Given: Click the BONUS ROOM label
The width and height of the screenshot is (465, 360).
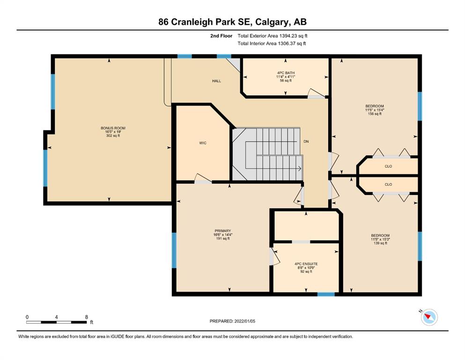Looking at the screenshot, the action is tap(113, 128).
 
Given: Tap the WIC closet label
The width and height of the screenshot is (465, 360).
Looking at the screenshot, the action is tap(203, 143).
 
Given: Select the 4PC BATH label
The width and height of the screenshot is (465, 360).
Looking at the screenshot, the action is tap(286, 73).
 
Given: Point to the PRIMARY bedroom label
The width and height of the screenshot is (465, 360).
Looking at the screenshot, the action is tap(223, 231).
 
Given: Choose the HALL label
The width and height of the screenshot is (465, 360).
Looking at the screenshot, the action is tap(216, 81).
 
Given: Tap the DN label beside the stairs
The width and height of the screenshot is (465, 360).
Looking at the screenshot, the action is tap(306, 142).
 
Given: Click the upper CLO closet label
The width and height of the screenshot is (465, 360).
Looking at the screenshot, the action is tap(388, 166).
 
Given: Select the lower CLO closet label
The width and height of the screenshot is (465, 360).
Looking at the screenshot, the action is tap(388, 184).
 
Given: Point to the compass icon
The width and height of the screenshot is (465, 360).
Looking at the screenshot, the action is tap(429, 317).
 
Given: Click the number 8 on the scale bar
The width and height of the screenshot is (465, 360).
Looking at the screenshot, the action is tap(87, 317).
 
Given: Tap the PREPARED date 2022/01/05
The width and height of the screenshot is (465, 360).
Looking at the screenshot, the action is tap(244, 321).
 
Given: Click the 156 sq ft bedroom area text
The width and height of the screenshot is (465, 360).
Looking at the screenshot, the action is tap(375, 113).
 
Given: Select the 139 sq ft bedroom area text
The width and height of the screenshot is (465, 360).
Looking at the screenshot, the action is tap(380, 243).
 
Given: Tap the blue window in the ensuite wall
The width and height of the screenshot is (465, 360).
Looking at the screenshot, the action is tap(326, 294).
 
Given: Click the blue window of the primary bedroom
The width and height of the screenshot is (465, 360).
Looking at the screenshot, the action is tap(174, 250).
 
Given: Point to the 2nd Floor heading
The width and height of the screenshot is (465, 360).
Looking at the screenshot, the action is tap(221, 36).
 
